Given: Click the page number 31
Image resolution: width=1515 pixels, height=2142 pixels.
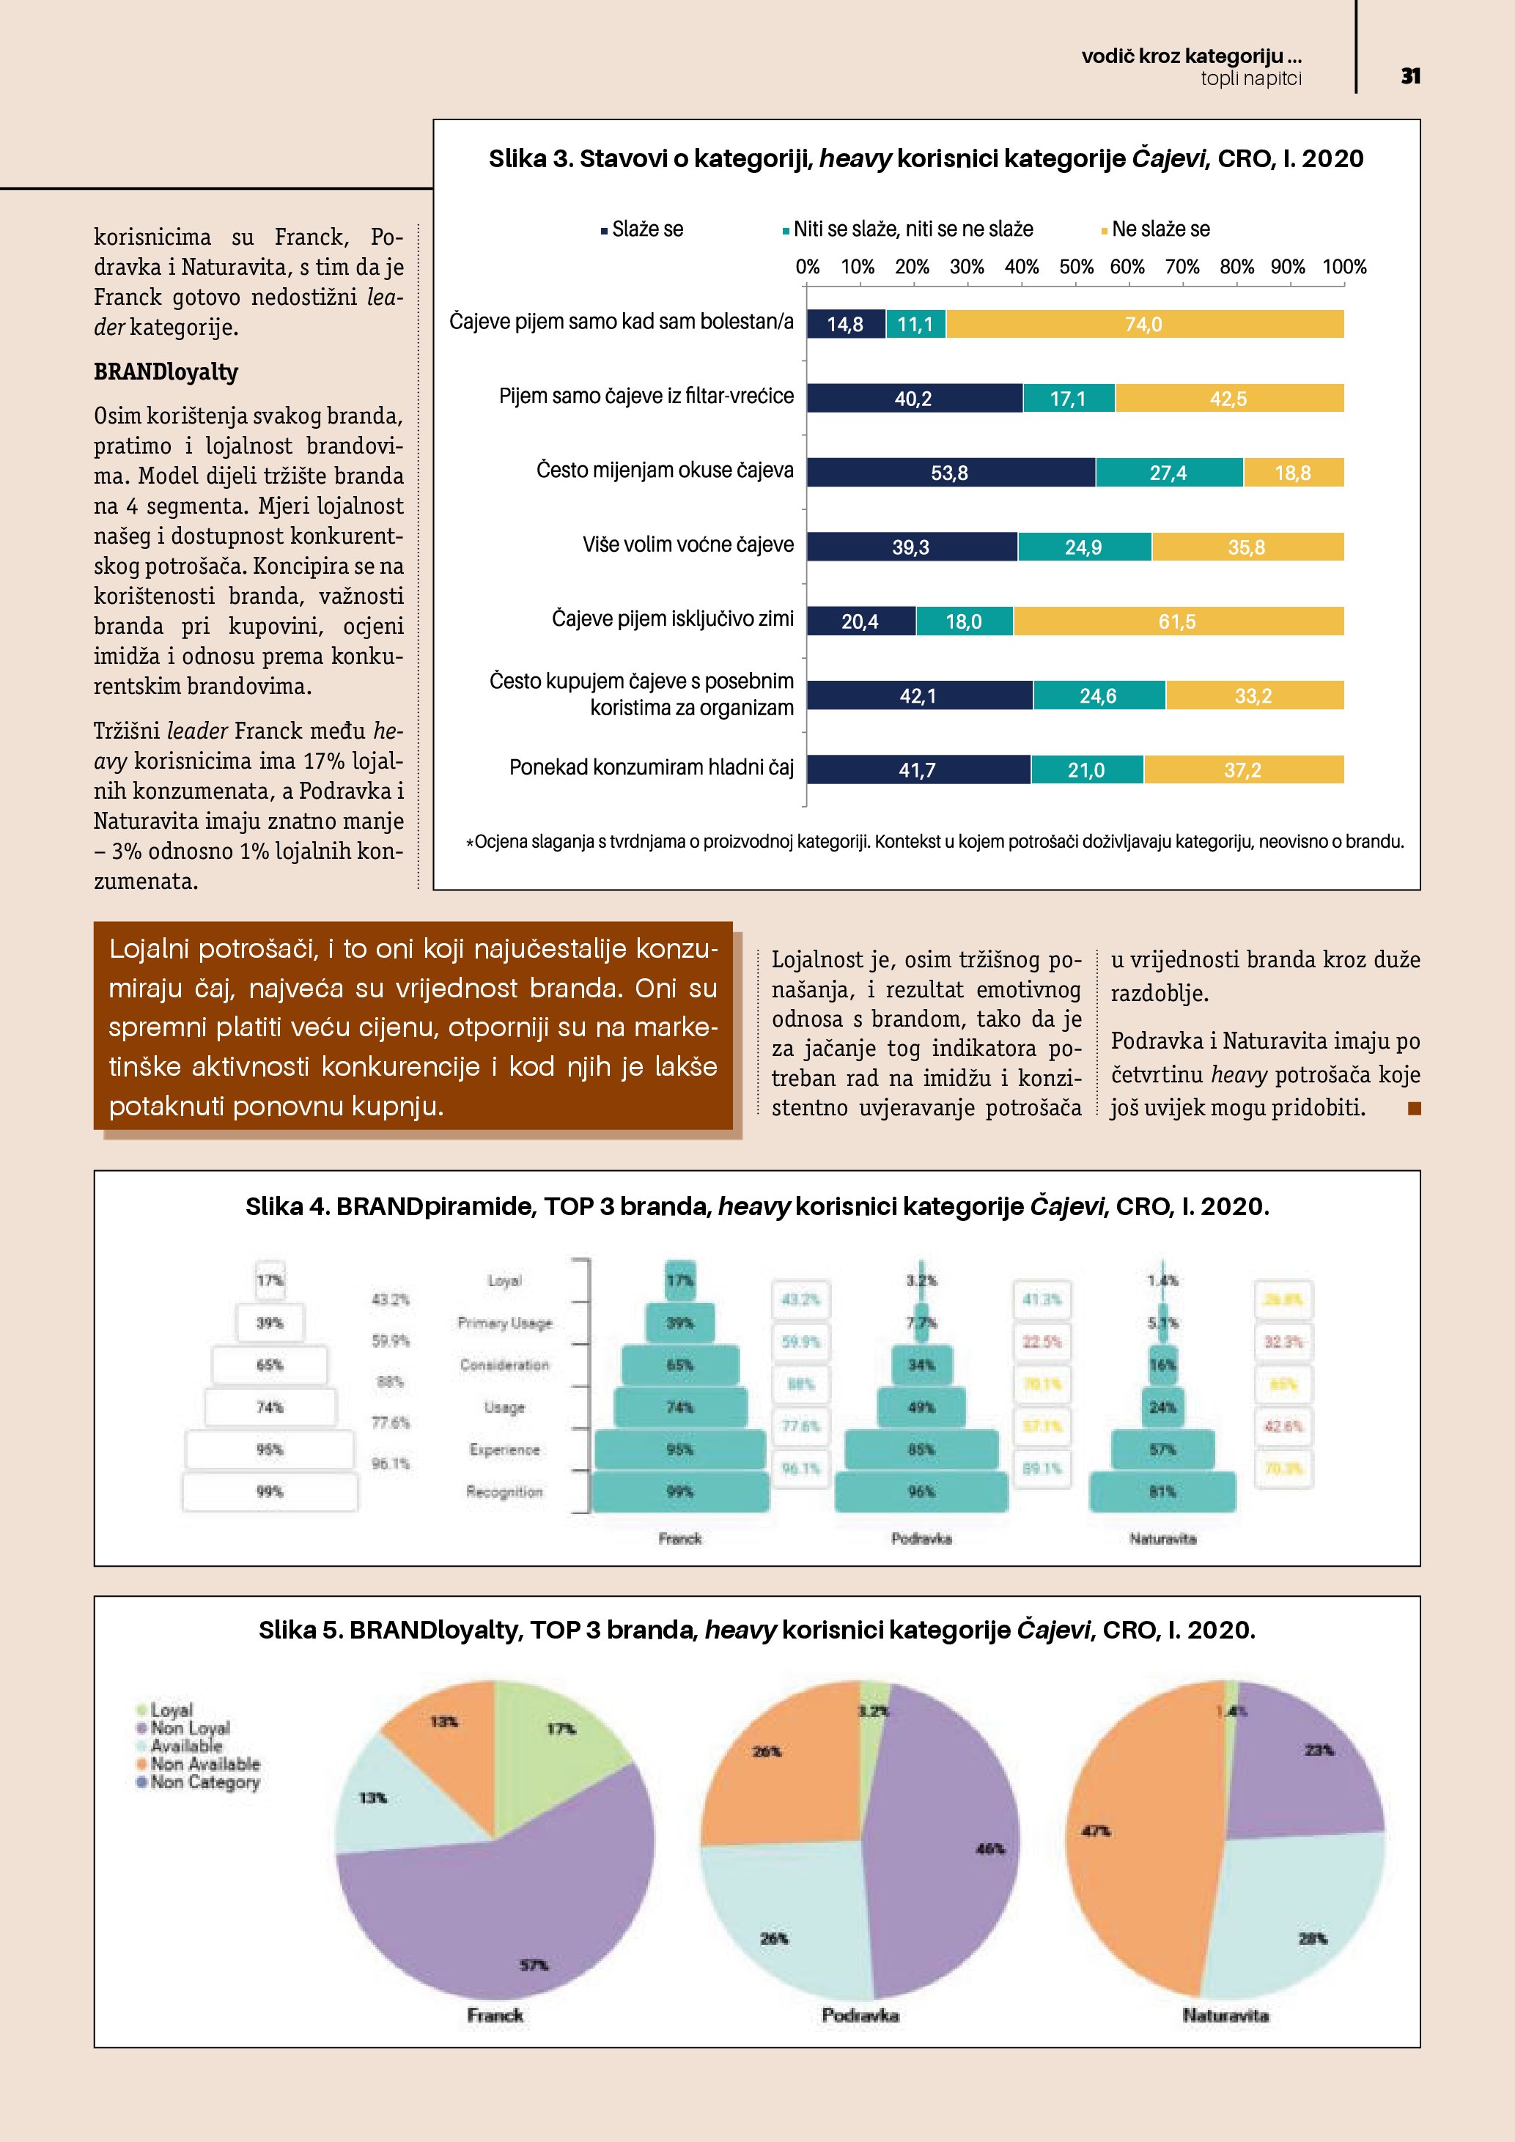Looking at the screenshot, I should point(1409,76).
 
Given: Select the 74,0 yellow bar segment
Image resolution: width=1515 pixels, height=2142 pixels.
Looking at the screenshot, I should point(1143,325).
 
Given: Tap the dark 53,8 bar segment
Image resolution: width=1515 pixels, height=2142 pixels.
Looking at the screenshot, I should point(950,473).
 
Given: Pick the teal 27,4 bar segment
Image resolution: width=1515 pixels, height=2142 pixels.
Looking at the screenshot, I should point(1168,473).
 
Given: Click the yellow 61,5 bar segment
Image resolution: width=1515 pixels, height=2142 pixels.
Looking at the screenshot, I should point(1177,621).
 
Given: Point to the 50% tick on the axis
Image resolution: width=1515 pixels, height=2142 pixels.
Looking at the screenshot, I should point(1076,267).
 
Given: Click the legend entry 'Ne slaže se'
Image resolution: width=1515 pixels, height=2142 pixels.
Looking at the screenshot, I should point(1160,229).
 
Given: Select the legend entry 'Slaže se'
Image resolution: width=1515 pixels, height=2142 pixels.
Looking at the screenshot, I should point(646,229).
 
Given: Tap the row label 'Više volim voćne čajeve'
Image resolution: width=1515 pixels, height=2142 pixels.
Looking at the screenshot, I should point(688,544).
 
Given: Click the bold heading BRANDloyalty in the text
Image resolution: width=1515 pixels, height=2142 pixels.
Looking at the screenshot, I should point(166,372).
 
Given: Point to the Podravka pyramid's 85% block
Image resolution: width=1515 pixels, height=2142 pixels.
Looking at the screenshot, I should point(921,1449).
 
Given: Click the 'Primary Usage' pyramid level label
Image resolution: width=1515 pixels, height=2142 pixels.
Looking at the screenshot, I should point(505,1323).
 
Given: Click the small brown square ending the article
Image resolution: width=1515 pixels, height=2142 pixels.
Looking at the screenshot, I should point(1413,1108).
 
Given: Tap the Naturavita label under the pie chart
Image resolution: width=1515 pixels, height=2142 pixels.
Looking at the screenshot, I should point(1225,2015).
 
